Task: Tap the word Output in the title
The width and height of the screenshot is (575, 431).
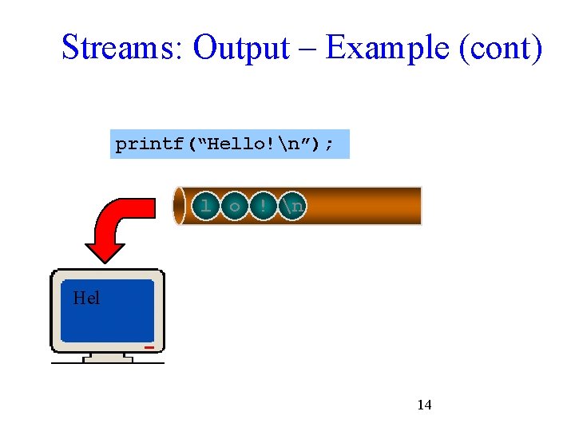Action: (241, 48)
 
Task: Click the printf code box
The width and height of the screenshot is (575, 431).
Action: (229, 144)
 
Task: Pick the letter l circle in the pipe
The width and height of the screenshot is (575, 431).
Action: (206, 207)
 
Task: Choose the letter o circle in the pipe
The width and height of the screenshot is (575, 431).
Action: (234, 207)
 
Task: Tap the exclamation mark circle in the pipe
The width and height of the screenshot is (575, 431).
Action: (262, 207)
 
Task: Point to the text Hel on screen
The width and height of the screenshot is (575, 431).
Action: (86, 299)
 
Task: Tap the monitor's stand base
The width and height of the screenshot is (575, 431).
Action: (108, 359)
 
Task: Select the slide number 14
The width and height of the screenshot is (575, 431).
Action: (424, 405)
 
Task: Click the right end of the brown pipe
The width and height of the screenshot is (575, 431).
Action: (417, 207)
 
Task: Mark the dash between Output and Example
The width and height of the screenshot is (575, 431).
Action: (307, 49)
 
